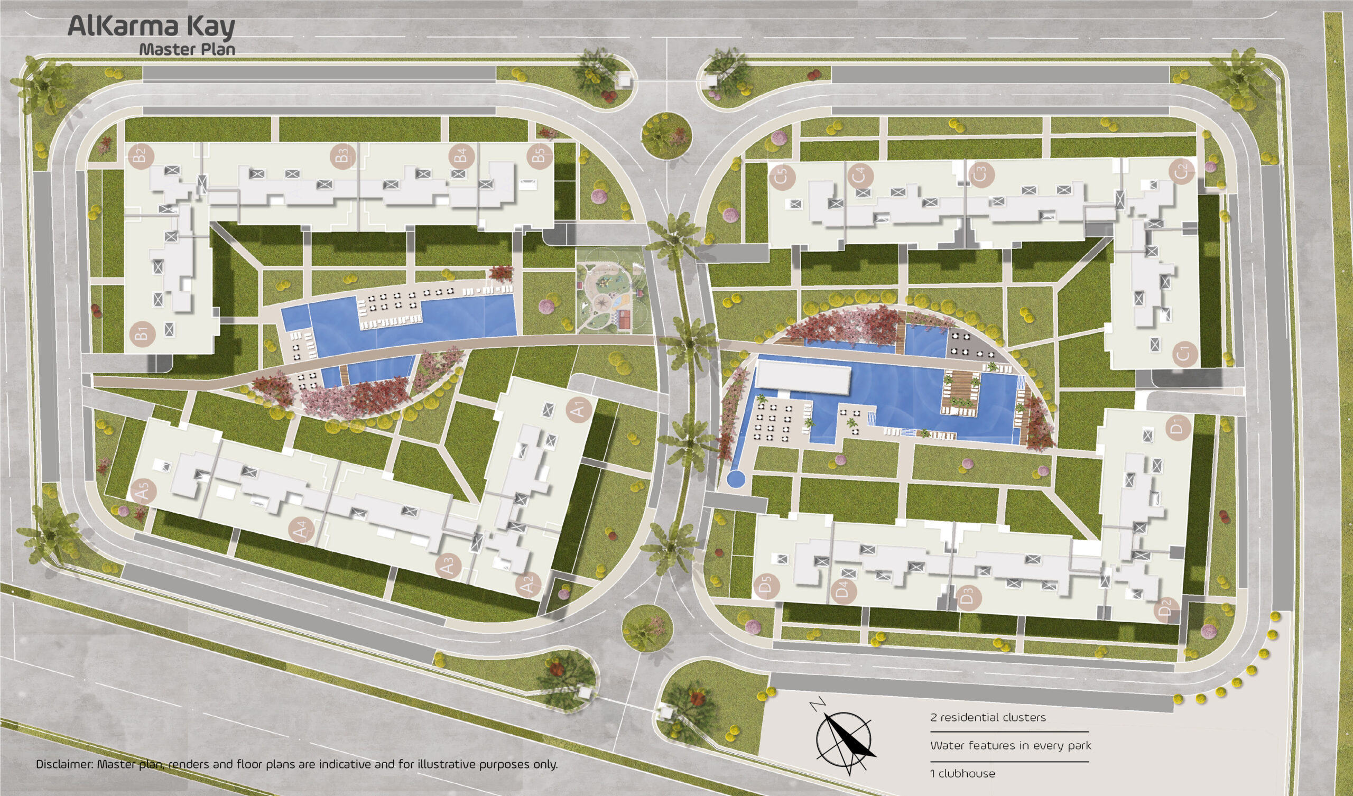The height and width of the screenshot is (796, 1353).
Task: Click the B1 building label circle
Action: point(143,333)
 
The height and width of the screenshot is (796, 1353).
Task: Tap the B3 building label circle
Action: point(342,156)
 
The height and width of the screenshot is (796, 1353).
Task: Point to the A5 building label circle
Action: point(143,491)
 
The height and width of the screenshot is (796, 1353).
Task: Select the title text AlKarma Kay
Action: point(151,27)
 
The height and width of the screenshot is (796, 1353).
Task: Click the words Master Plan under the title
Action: point(188,49)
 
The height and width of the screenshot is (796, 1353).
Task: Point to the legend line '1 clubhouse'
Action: point(962,773)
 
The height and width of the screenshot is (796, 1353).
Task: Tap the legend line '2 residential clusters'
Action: point(988,717)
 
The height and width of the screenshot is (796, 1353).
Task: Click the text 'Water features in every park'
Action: point(1011,745)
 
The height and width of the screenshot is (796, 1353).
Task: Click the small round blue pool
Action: point(736,478)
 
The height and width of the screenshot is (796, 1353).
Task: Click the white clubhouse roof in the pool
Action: point(803,377)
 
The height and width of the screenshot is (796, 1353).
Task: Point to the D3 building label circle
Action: point(967,597)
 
